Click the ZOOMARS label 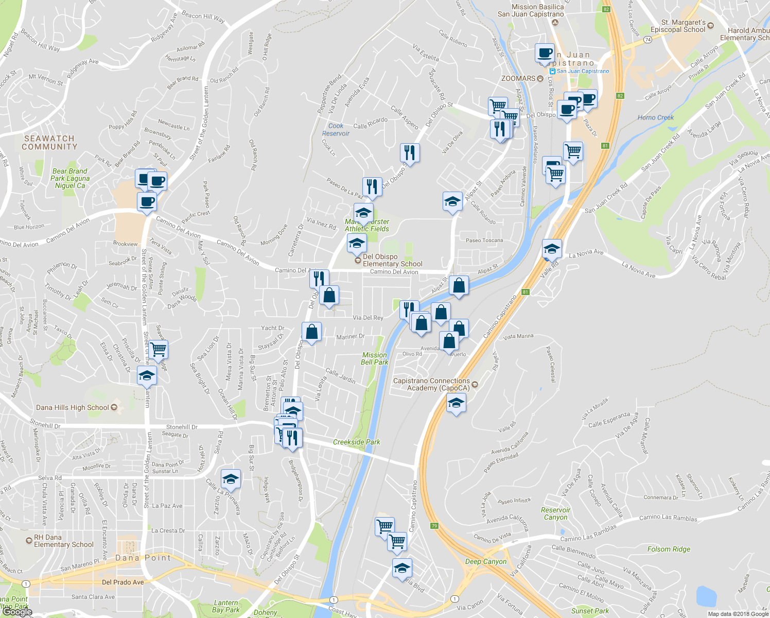coord(518,78)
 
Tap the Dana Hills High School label coord(73,407)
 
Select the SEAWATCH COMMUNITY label coord(49,143)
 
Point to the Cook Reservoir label coord(336,130)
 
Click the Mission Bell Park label coord(374,358)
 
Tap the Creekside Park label coord(356,442)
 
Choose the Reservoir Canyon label coord(555,513)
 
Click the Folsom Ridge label coord(669,549)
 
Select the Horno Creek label coord(655,117)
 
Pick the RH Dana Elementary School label coord(63,541)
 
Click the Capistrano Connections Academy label coord(431,384)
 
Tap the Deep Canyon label coord(486,561)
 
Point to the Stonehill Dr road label coord(182,427)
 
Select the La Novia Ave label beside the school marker coord(586,253)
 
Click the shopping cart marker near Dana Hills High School coord(159,350)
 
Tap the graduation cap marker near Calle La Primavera coord(231,479)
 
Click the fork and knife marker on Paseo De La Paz coord(372,186)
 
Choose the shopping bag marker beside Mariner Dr coord(311,332)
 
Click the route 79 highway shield coord(435,526)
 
